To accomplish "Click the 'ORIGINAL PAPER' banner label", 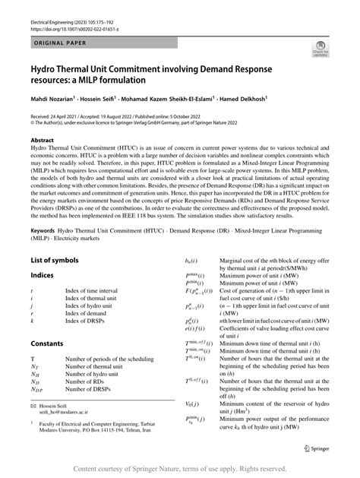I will point(62,45).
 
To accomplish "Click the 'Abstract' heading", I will point(43,141).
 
